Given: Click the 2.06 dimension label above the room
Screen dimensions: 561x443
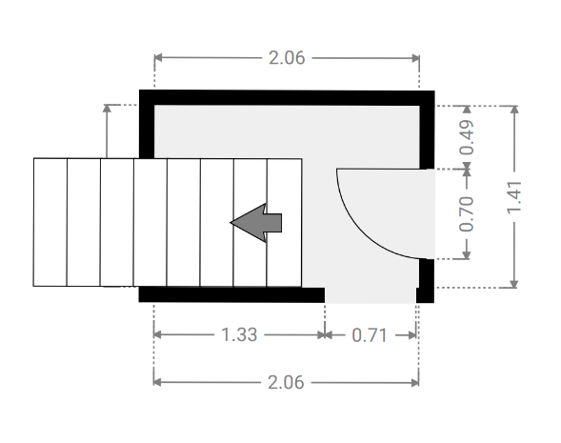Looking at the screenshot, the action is click(287, 58).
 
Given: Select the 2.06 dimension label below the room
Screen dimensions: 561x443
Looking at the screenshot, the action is click(286, 383).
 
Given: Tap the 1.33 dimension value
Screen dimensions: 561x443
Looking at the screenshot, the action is click(239, 335).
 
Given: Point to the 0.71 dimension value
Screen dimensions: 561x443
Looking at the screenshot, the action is click(370, 335).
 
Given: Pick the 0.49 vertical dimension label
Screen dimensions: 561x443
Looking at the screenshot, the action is click(467, 137).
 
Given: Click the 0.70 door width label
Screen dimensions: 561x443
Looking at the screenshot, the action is click(467, 214).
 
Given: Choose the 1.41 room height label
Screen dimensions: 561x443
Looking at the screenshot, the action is click(515, 198).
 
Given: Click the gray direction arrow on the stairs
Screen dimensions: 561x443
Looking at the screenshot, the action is click(256, 223).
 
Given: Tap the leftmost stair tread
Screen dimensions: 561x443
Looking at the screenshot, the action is click(50, 222).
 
